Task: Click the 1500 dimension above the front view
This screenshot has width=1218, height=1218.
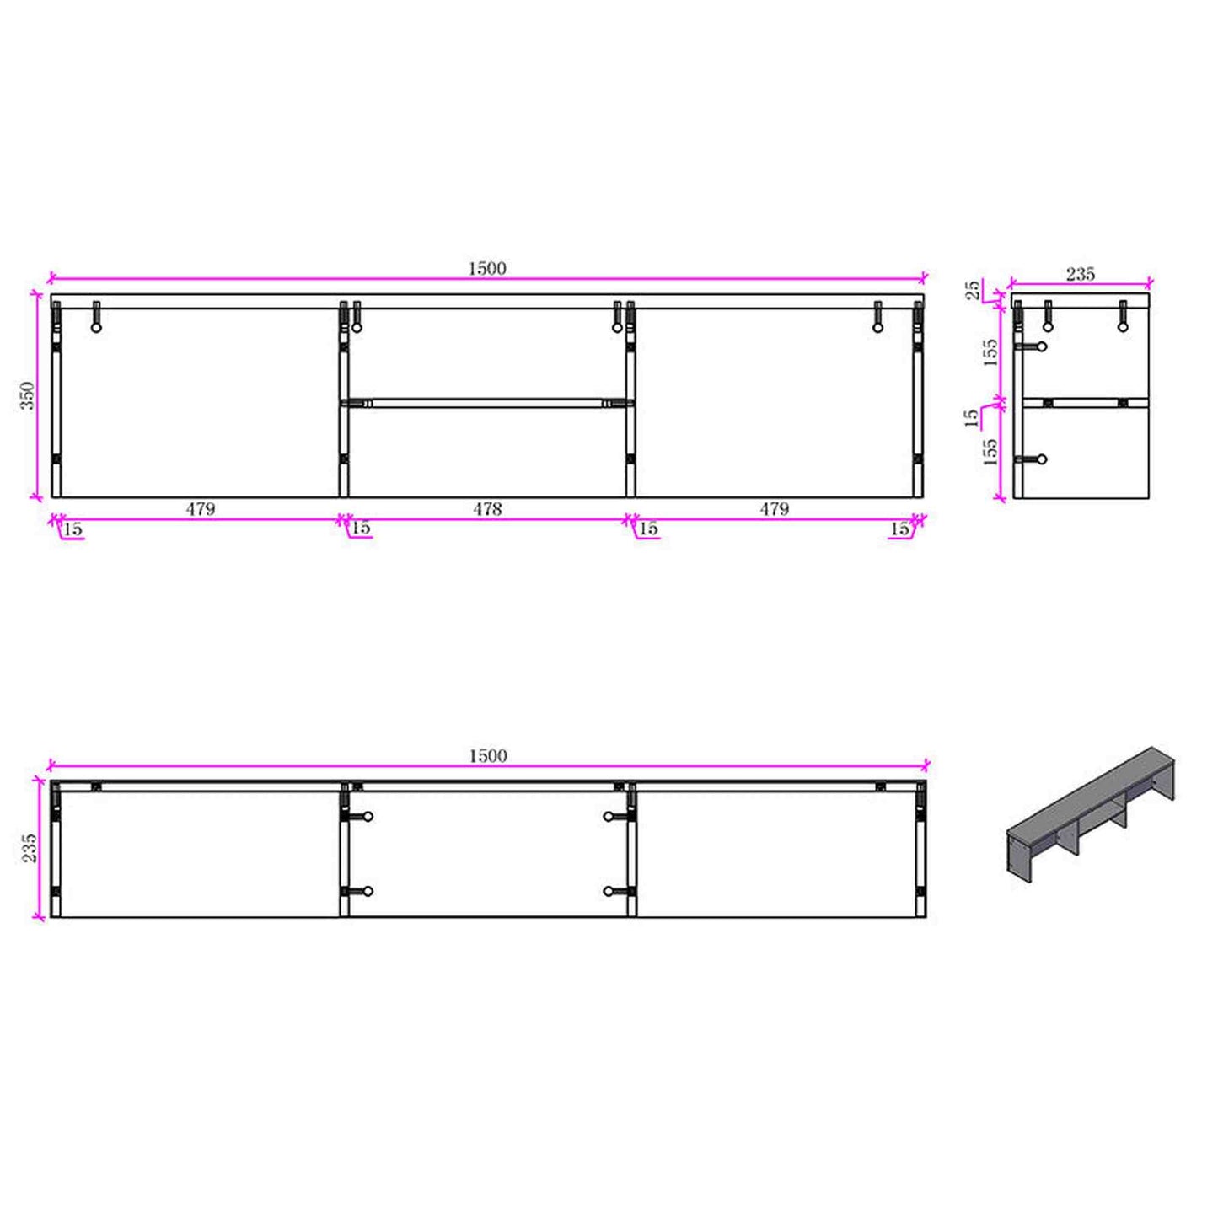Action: click(x=487, y=269)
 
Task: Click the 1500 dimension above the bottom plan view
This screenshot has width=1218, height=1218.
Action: click(x=488, y=756)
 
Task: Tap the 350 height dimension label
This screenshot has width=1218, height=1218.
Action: click(x=29, y=395)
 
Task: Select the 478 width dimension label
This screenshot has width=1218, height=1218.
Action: click(x=487, y=509)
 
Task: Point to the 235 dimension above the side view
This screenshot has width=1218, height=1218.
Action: click(x=1081, y=274)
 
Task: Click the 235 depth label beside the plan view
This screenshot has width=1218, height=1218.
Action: click(x=29, y=847)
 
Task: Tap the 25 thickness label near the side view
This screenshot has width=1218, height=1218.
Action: click(x=974, y=289)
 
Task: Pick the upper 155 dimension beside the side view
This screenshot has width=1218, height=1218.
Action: click(x=990, y=352)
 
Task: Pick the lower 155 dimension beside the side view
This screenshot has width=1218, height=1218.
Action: click(x=990, y=451)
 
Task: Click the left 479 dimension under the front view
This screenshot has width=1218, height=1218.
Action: click(x=200, y=509)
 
